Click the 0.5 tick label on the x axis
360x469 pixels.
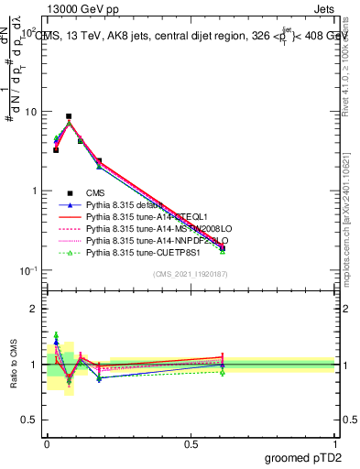[x=190, y=443]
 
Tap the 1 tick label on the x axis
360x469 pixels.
[x=333, y=443]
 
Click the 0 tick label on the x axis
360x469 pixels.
[x=47, y=443]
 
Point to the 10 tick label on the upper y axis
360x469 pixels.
[x=29, y=112]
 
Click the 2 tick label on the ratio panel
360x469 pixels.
[x=35, y=309]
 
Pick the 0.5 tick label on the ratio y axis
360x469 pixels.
[x=30, y=420]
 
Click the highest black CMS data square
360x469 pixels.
[x=69, y=116]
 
